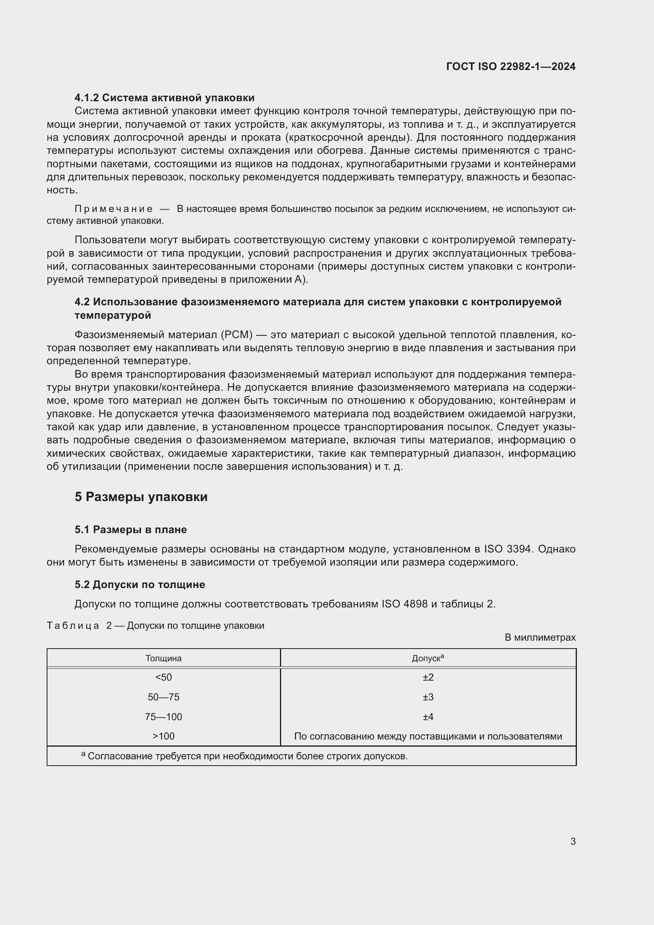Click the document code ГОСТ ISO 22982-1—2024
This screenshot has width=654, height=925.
point(510,66)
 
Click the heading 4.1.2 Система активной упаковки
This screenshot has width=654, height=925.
point(164,98)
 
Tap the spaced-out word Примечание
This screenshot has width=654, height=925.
point(113,209)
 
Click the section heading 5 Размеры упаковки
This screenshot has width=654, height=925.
point(141,497)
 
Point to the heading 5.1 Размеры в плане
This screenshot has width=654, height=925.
point(130,530)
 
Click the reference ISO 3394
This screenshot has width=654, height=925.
point(507,549)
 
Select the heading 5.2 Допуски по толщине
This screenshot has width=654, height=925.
point(140,585)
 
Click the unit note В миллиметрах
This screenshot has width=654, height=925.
point(540,638)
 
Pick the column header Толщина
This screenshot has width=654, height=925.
point(164,659)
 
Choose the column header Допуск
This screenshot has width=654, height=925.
point(427,659)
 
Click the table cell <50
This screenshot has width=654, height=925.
point(164,677)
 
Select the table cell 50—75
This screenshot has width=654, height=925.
point(164,697)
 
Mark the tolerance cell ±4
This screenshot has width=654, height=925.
point(428,717)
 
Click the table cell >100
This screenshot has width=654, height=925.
point(164,736)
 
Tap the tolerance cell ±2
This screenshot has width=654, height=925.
point(428,677)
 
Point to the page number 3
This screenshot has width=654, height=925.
point(573,841)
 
